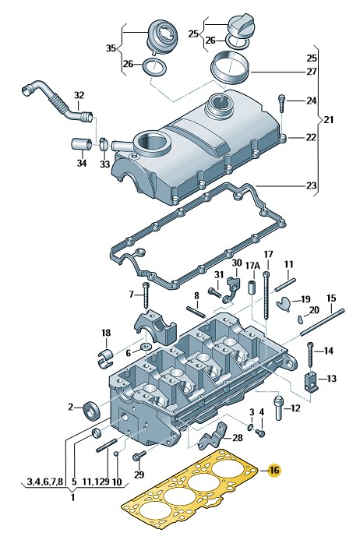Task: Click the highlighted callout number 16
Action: (x=274, y=470)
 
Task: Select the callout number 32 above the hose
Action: (x=79, y=95)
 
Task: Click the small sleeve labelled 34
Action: (x=81, y=145)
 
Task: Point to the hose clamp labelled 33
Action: (x=104, y=144)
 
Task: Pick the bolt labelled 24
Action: (x=281, y=103)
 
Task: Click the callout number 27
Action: (x=312, y=72)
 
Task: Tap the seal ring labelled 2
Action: (x=92, y=410)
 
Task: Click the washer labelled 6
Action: (x=146, y=345)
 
